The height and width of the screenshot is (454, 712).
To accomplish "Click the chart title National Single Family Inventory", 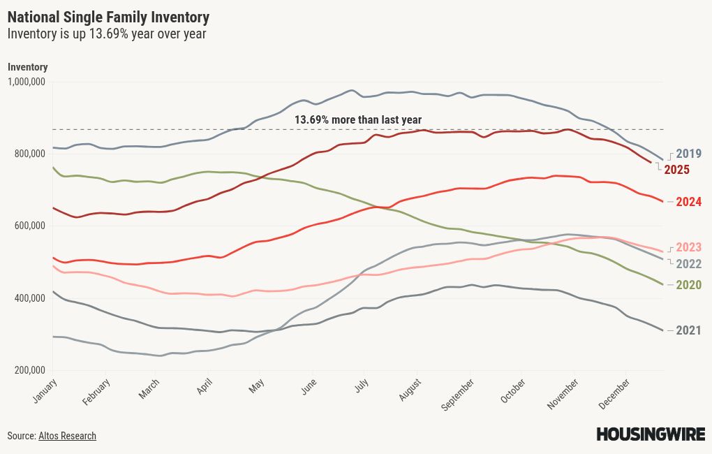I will click(108, 16).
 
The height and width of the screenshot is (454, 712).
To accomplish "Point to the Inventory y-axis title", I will click(27, 67).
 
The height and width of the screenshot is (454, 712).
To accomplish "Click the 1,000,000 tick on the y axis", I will click(27, 82).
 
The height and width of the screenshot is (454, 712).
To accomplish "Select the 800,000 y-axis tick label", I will click(29, 154).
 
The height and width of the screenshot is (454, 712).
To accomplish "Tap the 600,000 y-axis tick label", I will click(29, 226).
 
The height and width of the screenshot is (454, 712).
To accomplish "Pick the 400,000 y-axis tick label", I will click(29, 298).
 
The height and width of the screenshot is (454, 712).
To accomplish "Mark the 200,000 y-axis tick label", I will click(29, 370).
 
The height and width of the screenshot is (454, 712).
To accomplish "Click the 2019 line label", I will click(688, 154).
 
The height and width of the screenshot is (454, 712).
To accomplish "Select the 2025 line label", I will click(677, 169).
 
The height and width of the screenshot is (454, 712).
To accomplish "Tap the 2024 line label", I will click(688, 202).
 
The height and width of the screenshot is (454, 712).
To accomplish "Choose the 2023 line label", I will click(688, 247).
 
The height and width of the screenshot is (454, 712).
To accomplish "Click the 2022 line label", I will click(688, 264).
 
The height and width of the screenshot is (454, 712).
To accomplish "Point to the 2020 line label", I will click(688, 285).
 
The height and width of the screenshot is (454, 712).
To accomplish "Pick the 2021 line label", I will click(688, 330).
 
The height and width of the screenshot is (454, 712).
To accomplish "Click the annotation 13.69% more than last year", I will click(357, 120).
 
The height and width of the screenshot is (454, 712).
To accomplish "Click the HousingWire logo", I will click(650, 434).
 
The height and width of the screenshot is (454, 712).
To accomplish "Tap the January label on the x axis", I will click(44, 391).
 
